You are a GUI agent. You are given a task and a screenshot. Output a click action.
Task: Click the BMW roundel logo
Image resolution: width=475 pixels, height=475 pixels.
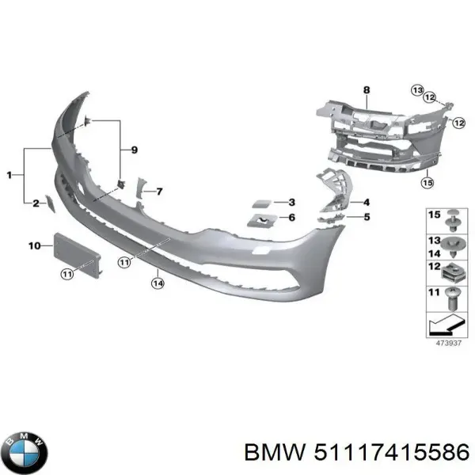point(25,451)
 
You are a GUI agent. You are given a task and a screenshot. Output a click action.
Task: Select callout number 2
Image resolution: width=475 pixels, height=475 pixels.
point(35,203)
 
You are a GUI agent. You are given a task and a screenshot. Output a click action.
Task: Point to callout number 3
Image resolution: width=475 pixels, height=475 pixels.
point(291,203)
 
